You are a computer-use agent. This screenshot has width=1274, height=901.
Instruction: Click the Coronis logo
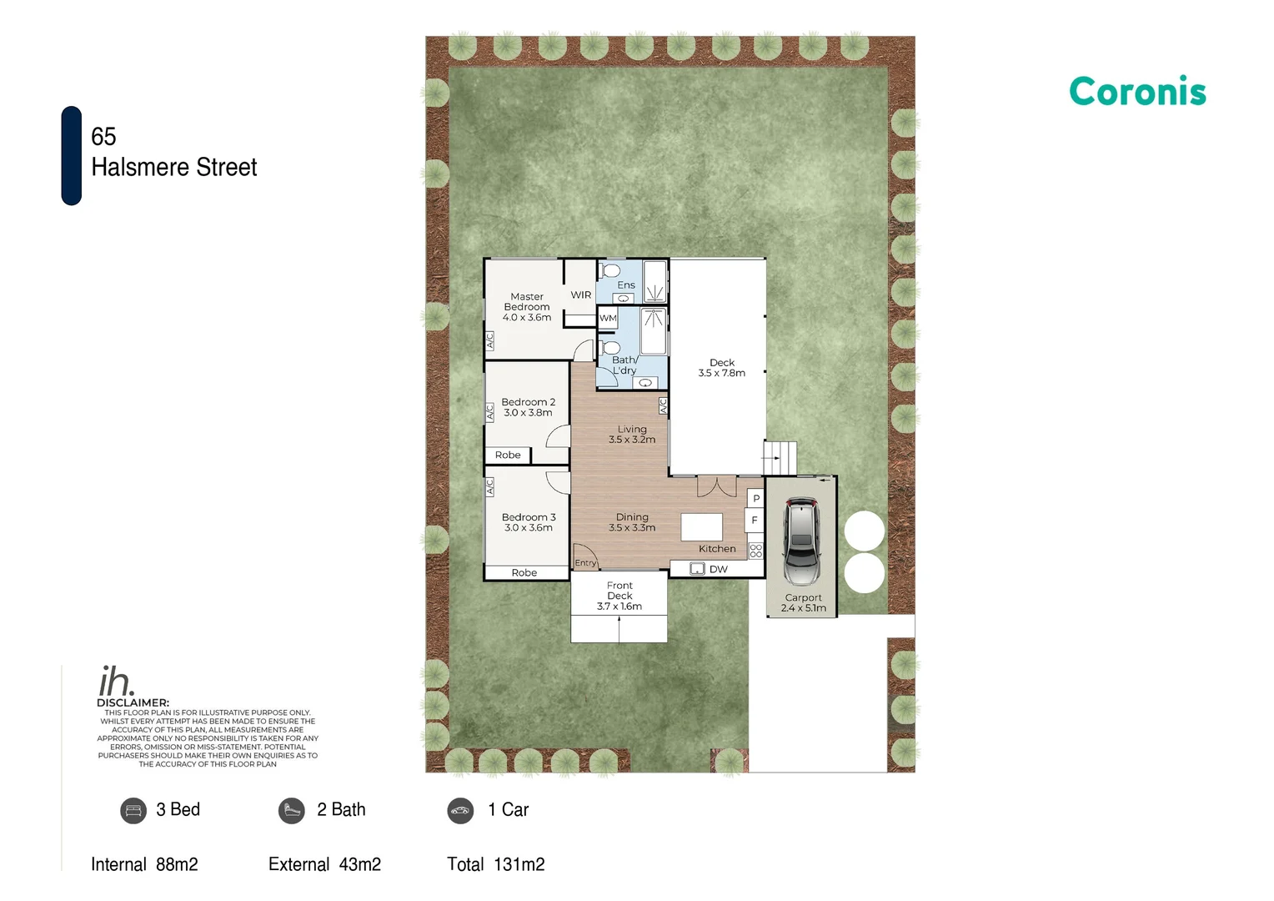(x=1137, y=92)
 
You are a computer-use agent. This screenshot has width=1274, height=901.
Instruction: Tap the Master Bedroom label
(x=527, y=302)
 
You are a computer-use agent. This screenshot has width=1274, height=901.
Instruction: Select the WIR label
(x=580, y=295)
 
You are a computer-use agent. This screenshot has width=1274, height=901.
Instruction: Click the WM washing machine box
(x=608, y=318)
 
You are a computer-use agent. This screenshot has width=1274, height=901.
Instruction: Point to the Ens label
(x=626, y=285)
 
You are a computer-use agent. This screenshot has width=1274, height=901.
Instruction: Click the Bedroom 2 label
(x=528, y=402)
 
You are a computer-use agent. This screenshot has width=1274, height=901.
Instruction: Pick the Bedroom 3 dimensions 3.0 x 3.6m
(x=528, y=528)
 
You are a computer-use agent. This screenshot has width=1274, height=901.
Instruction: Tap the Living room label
(x=632, y=430)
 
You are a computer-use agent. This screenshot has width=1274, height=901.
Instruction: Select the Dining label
(x=632, y=517)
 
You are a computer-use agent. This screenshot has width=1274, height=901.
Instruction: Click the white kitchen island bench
(x=701, y=527)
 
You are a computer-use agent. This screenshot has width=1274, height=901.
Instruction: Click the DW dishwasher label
(x=718, y=570)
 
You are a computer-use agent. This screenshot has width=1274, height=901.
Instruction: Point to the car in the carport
(x=801, y=541)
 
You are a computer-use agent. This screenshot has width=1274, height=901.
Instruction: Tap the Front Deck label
(x=619, y=591)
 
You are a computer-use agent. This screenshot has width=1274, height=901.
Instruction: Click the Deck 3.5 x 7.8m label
(x=722, y=368)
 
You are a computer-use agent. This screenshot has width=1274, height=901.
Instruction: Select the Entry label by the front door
(x=585, y=563)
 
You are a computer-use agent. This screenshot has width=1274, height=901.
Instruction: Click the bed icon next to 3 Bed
(x=133, y=810)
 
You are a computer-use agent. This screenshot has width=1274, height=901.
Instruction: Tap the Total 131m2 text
(x=495, y=864)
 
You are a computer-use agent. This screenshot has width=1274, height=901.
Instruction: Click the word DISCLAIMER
(x=133, y=702)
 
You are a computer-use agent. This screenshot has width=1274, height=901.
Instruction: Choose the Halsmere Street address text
(x=174, y=168)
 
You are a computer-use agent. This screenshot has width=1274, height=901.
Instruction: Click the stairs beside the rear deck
(x=780, y=458)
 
